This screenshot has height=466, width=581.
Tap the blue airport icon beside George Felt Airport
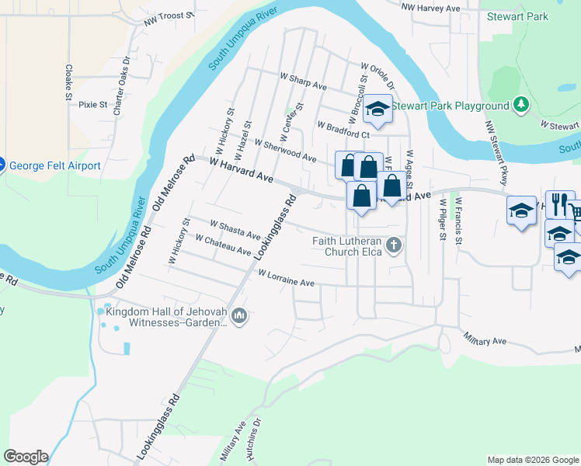point(2,165)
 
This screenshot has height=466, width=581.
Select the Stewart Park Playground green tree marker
point(522,105)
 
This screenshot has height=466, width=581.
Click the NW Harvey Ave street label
point(430,7)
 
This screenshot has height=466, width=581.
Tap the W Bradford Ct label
point(342,128)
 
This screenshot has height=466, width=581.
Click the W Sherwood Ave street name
point(285,151)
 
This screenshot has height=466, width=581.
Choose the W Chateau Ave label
point(224,245)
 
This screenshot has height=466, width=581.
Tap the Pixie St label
point(92,103)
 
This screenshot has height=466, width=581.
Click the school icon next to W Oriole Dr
point(377,110)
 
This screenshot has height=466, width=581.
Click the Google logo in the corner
point(25,457)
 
